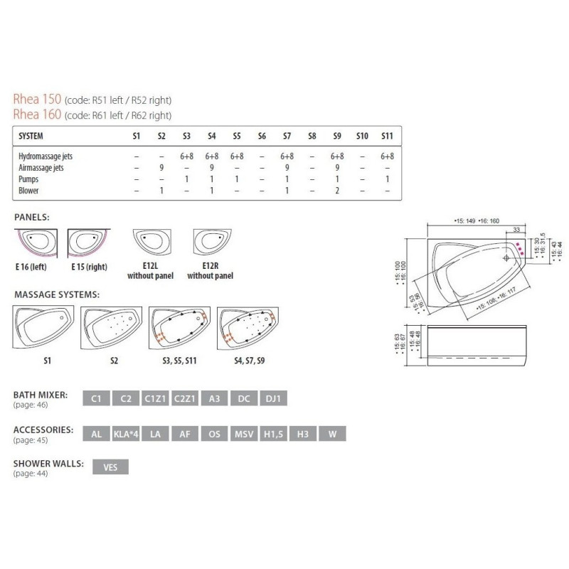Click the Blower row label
[29, 191]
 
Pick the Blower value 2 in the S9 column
[336, 191]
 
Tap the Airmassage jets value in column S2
[161, 167]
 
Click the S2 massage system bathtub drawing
[111, 326]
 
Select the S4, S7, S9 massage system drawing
[248, 326]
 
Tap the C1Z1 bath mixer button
[155, 398]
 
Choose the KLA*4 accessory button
[126, 433]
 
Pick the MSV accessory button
[243, 433]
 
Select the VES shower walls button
[111, 468]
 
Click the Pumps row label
[28, 179]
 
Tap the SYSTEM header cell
[33, 135]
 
